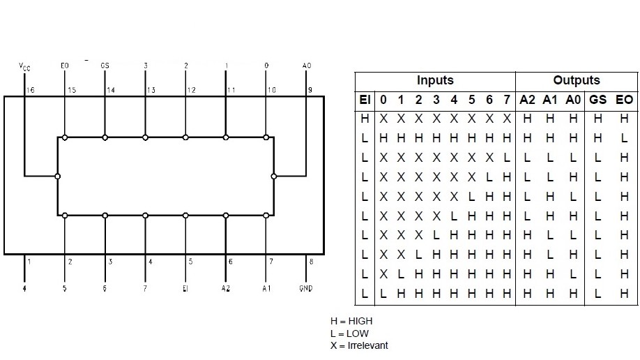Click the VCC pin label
(x=24, y=67)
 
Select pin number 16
(x=30, y=91)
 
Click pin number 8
(x=311, y=262)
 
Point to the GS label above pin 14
(x=105, y=66)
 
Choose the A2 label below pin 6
(x=226, y=287)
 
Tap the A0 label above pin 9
(x=307, y=66)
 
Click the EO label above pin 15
(x=65, y=66)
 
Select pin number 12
(x=192, y=91)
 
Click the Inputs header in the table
(x=435, y=80)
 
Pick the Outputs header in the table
(x=577, y=80)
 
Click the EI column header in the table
(x=365, y=100)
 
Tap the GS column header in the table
(x=597, y=100)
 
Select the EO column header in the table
(x=624, y=100)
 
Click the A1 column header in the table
(x=550, y=100)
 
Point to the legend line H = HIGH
(x=351, y=321)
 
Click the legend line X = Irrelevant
(x=359, y=345)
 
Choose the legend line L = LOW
(x=349, y=333)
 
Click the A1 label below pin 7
(x=266, y=287)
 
